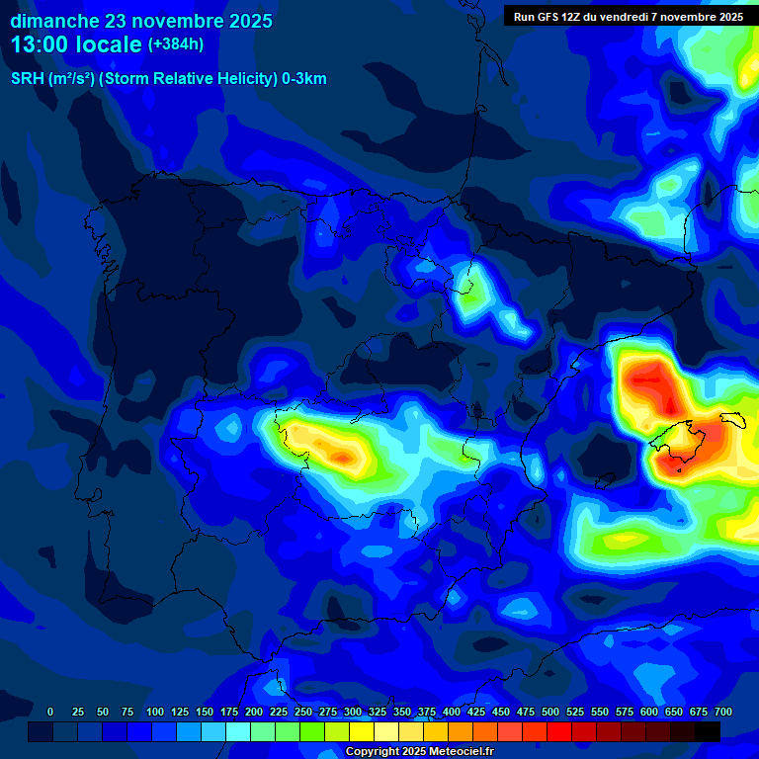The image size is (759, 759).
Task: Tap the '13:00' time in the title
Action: pos(40,44)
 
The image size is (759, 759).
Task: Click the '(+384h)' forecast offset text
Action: pos(176,44)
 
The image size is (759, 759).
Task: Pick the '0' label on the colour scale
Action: pos(50,712)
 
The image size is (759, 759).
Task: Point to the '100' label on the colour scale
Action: pos(154,712)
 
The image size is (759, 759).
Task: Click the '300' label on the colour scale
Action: pos(353,712)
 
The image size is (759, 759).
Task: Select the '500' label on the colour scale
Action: pos(550,712)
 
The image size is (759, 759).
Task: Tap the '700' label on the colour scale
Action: pos(723,712)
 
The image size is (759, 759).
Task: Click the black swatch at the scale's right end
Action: pos(708,731)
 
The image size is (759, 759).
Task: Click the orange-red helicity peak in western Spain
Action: pos(341,457)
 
